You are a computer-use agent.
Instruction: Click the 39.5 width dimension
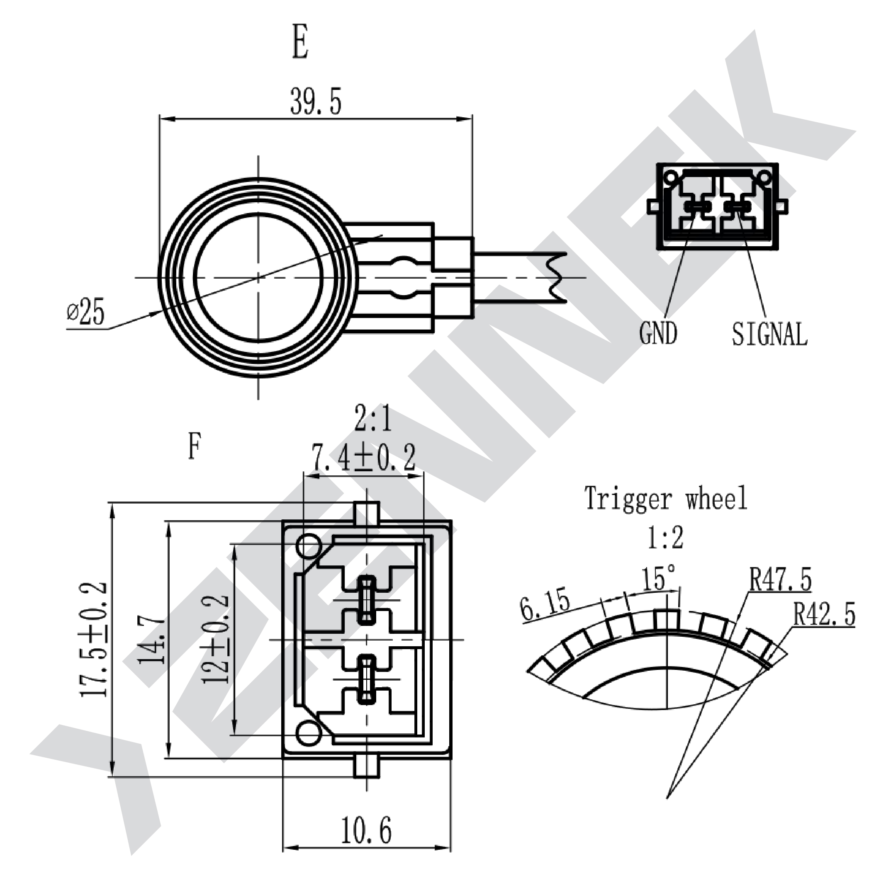(316, 101)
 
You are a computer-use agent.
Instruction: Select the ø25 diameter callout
(86, 312)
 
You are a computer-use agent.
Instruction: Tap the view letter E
(300, 43)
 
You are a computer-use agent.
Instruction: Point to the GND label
(658, 333)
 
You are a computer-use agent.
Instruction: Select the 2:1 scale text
(374, 417)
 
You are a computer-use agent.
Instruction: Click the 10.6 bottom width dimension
(366, 830)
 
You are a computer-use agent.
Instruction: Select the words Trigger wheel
(666, 498)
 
